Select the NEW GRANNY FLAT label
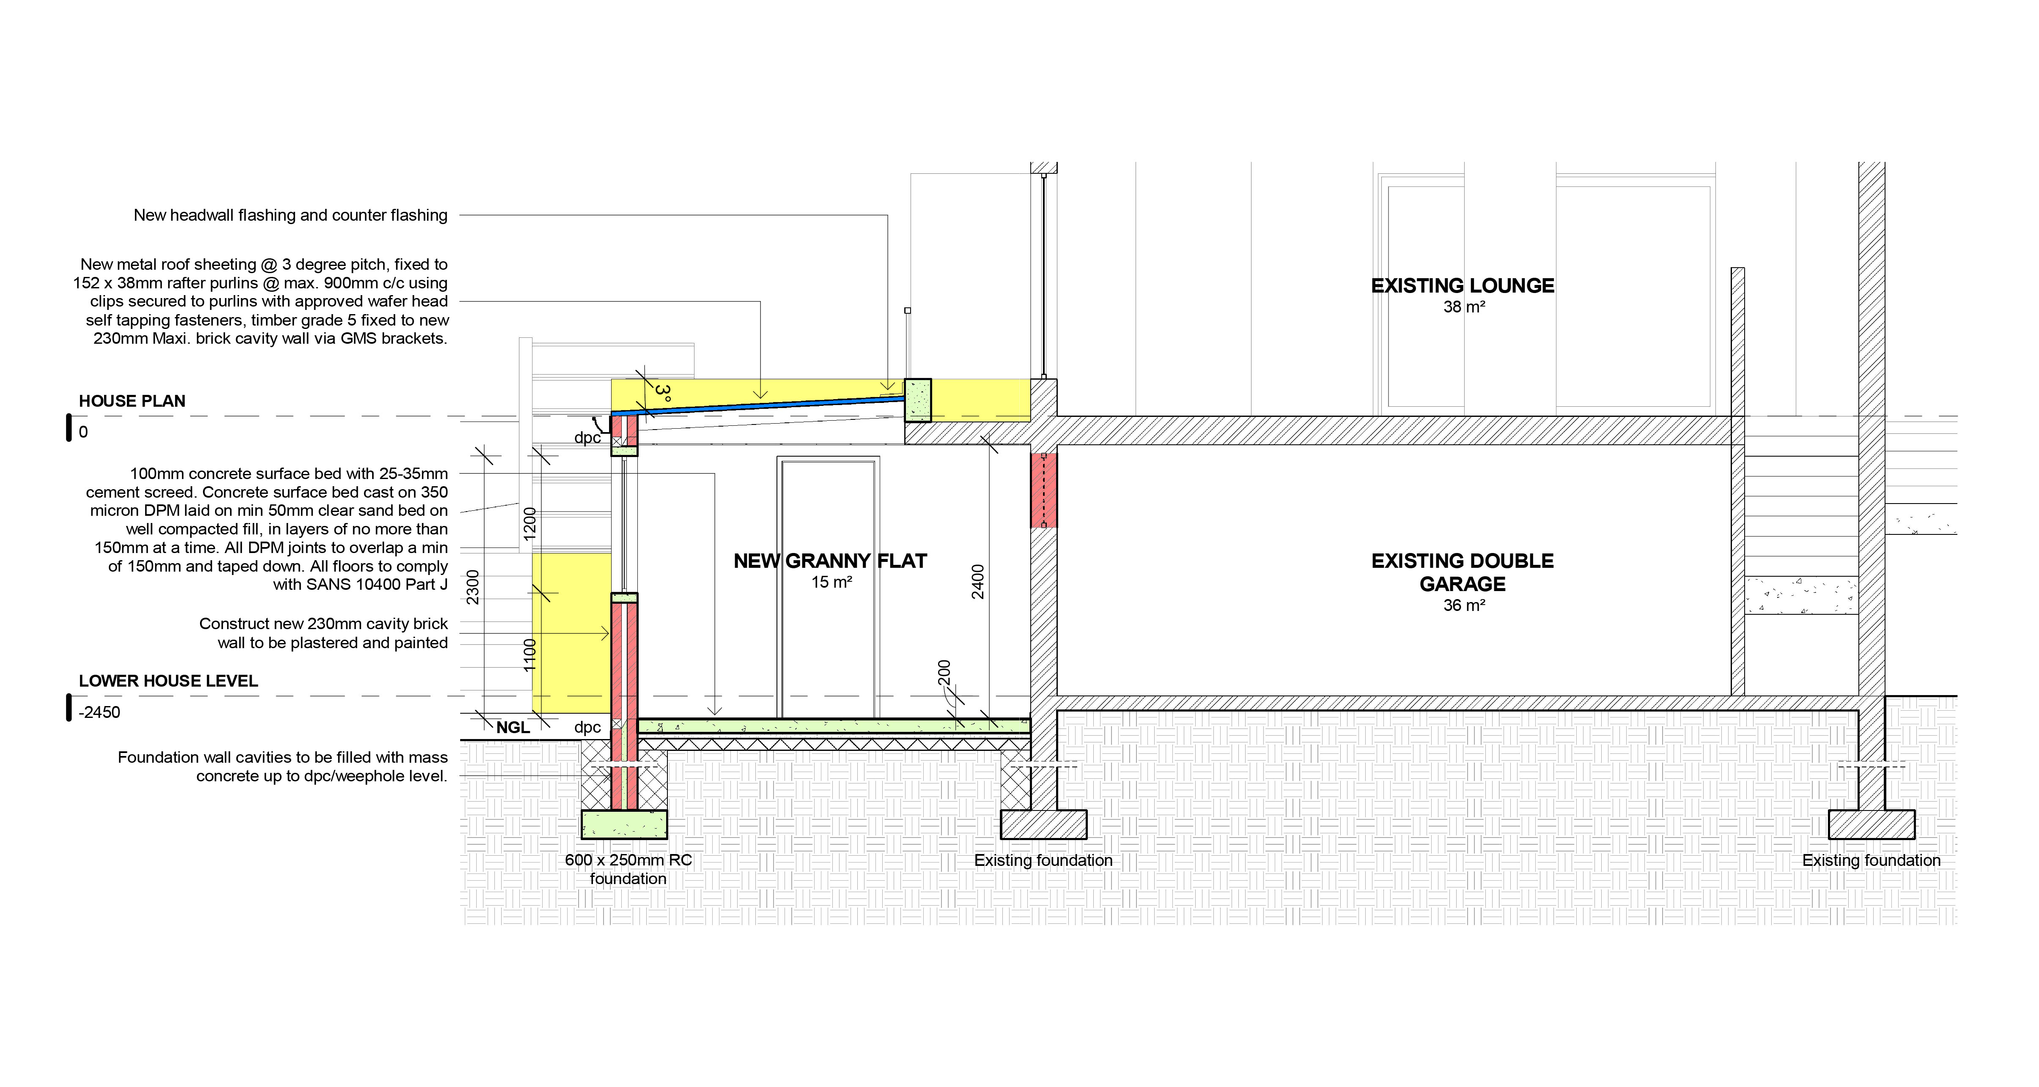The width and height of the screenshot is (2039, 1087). (x=829, y=561)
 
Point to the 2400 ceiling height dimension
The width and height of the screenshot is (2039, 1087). (x=978, y=581)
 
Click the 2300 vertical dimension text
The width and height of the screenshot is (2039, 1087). (x=472, y=587)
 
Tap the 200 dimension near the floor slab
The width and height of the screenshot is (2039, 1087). (x=944, y=673)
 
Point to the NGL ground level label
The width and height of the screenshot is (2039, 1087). (x=513, y=728)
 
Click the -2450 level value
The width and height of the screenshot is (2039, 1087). (x=100, y=712)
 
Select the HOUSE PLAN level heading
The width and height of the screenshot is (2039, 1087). (x=132, y=401)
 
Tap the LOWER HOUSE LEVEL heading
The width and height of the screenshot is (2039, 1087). (x=168, y=681)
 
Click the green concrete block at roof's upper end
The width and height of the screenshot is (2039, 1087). (x=918, y=400)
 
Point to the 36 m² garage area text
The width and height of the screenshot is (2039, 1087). (x=1463, y=605)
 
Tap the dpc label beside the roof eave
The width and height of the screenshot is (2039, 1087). (x=587, y=438)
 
